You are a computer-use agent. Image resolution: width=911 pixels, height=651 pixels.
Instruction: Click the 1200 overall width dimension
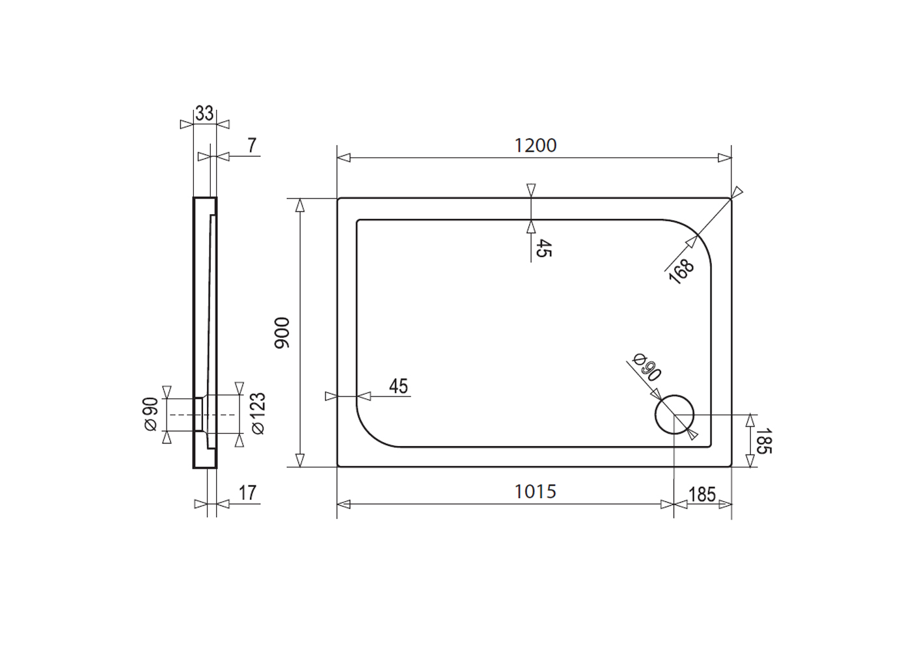click(x=535, y=146)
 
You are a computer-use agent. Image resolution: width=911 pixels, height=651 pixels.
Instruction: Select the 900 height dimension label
click(x=282, y=333)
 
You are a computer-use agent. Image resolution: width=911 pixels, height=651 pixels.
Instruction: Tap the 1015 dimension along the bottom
click(x=535, y=492)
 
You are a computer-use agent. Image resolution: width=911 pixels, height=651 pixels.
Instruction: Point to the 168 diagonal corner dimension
click(x=682, y=271)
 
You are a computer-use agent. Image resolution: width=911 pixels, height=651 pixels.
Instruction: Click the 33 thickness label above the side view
click(x=204, y=113)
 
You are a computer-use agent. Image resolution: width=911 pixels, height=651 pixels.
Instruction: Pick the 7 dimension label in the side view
click(x=252, y=146)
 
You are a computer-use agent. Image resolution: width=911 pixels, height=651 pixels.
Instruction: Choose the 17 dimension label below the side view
click(x=247, y=493)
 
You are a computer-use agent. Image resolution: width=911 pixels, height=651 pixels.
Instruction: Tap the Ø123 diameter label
click(x=258, y=413)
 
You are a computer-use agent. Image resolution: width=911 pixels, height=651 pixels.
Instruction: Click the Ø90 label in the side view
click(x=150, y=414)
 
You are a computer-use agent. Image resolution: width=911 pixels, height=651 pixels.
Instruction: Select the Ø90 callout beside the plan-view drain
click(x=647, y=367)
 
